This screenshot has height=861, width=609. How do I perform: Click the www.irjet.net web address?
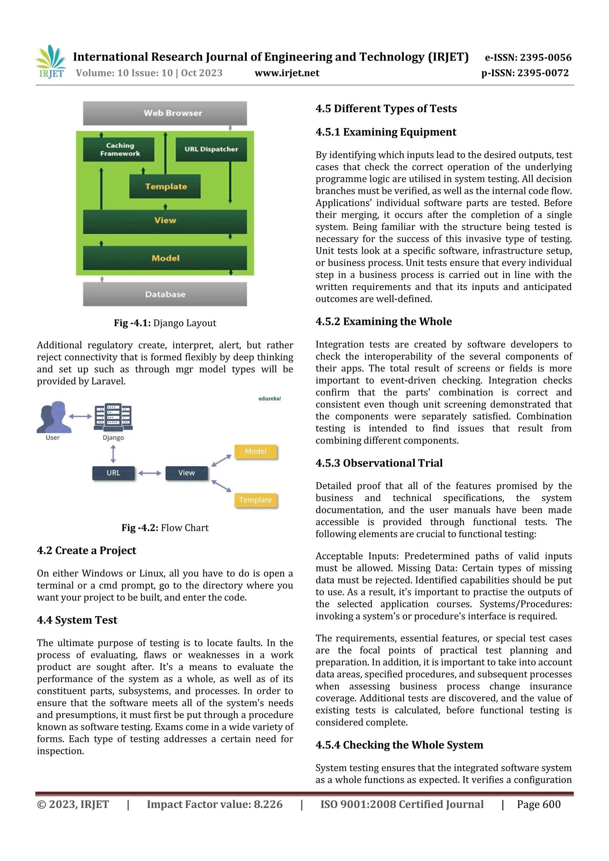pyautogui.click(x=287, y=73)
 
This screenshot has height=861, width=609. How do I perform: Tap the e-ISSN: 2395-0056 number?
pyautogui.click(x=528, y=57)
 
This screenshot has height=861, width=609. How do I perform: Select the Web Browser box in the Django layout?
pyautogui.click(x=165, y=113)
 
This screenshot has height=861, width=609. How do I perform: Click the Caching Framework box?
pyautogui.click(x=119, y=149)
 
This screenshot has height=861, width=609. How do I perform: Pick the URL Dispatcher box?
pyautogui.click(x=211, y=149)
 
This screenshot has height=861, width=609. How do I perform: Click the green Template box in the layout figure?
pyautogui.click(x=165, y=186)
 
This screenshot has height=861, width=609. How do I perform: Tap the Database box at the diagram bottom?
pyautogui.click(x=165, y=294)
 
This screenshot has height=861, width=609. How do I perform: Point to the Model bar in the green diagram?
pyautogui.click(x=165, y=258)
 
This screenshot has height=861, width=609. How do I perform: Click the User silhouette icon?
pyautogui.click(x=54, y=417)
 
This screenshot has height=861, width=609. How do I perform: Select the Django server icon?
pyautogui.click(x=113, y=417)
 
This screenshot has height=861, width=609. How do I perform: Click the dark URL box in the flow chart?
pyautogui.click(x=113, y=473)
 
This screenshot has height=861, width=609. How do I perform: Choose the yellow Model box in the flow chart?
pyautogui.click(x=255, y=451)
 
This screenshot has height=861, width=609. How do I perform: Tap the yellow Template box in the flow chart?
pyautogui.click(x=255, y=500)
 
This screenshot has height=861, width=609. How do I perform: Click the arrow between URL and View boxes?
pyautogui.click(x=149, y=473)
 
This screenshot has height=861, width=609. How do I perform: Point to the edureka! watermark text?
pyautogui.click(x=269, y=399)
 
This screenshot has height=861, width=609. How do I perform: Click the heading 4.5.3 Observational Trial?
pyautogui.click(x=379, y=463)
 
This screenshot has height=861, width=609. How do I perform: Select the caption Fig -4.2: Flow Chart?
pyautogui.click(x=165, y=528)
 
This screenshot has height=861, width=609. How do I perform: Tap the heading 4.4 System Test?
pyautogui.click(x=77, y=620)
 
